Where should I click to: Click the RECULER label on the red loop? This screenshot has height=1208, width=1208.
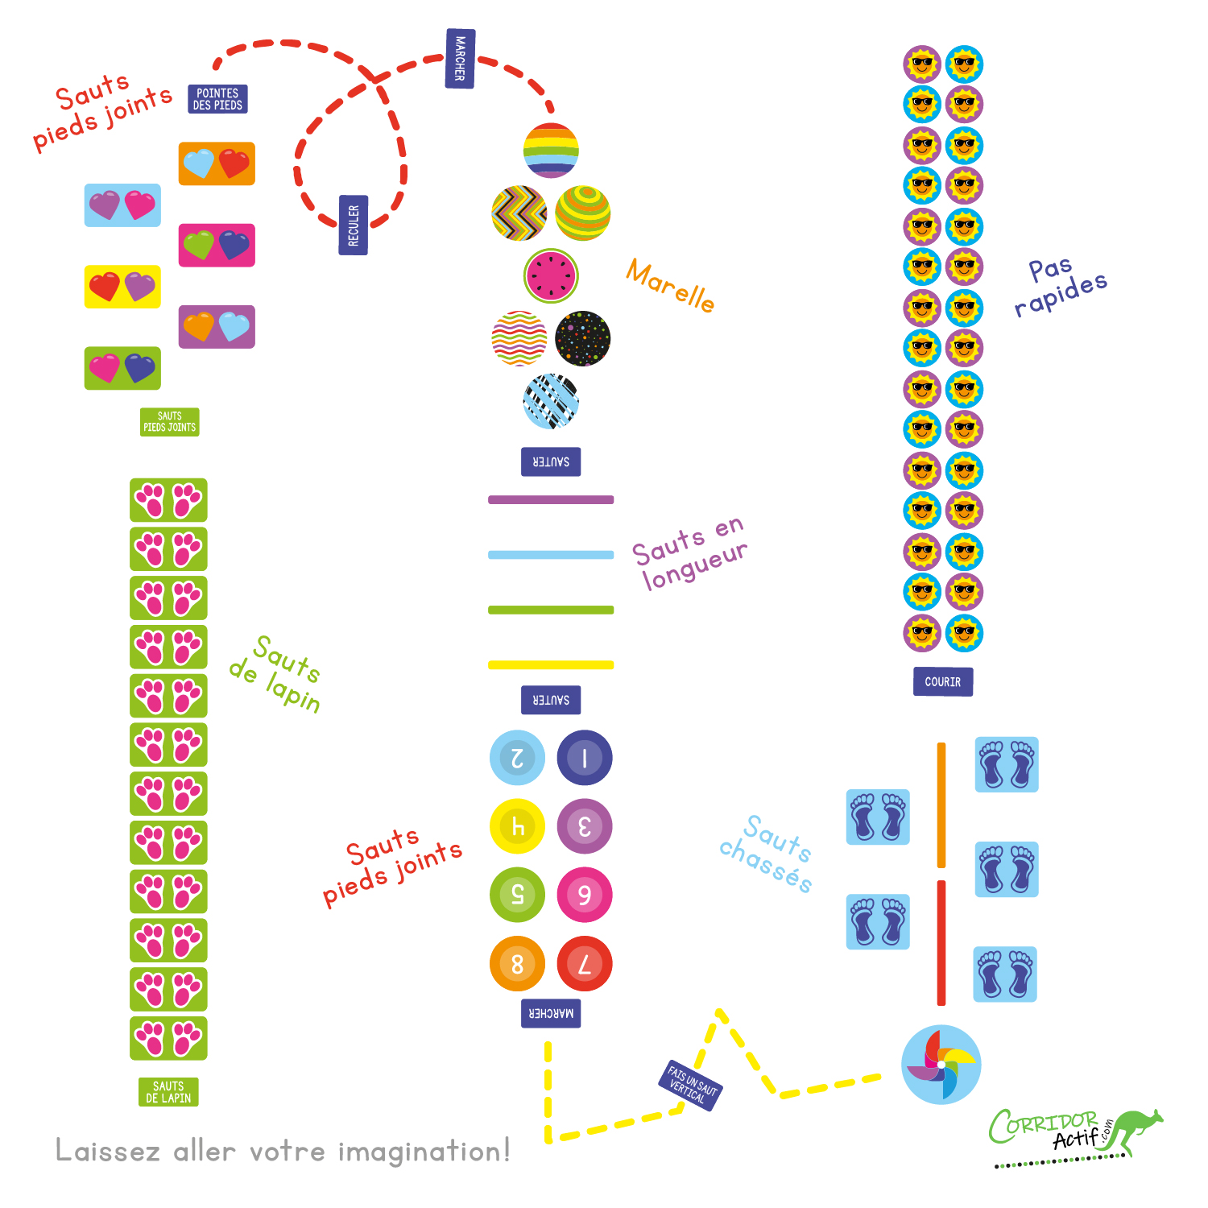(x=353, y=225)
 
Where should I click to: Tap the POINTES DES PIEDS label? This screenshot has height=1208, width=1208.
(x=217, y=99)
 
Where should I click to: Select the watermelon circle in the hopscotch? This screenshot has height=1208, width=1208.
(x=551, y=275)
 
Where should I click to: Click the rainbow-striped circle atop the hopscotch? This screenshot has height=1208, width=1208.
(x=551, y=151)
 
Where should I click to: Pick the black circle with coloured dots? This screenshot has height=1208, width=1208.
(x=582, y=338)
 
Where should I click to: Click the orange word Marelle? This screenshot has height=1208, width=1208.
(x=670, y=285)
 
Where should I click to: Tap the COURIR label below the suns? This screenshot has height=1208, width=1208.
(x=942, y=681)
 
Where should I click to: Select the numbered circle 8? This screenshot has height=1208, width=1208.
(x=517, y=963)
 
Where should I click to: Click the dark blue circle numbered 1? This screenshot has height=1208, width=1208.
(x=585, y=758)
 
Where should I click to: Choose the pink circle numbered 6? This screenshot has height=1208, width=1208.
(x=585, y=895)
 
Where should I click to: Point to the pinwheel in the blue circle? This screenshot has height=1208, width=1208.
(x=941, y=1064)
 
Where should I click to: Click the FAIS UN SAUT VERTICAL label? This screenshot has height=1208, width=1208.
(x=692, y=1085)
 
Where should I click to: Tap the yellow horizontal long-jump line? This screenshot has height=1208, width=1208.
(x=551, y=665)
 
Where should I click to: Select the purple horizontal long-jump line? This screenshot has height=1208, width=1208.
(x=551, y=500)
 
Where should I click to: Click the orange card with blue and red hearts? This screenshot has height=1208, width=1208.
(x=217, y=163)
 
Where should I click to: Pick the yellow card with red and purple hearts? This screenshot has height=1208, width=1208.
(x=122, y=287)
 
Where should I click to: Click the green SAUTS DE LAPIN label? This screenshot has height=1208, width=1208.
(x=168, y=1092)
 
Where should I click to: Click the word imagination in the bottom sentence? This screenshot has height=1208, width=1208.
(x=424, y=1152)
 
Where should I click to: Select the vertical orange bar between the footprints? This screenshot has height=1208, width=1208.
(x=941, y=805)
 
